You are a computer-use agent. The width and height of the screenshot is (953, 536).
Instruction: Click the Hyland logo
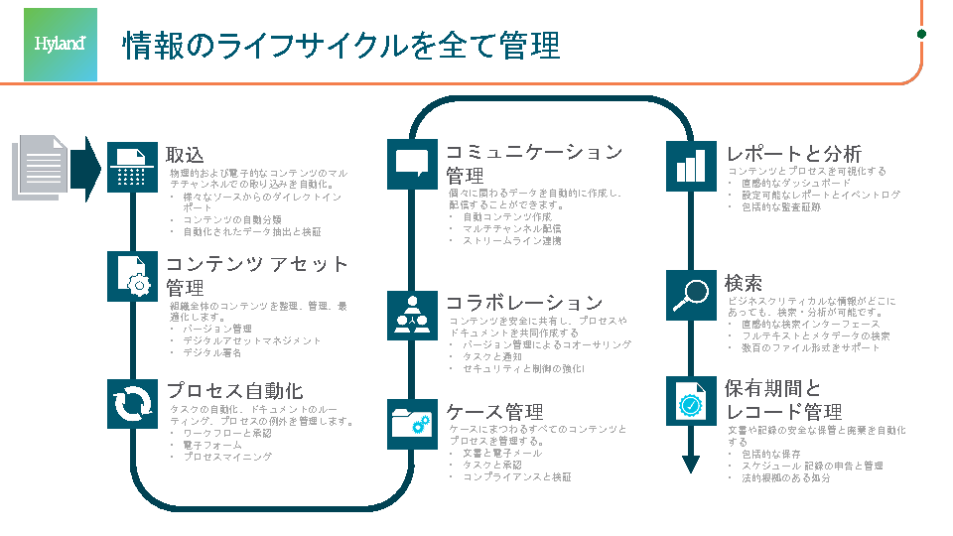pyautogui.click(x=61, y=45)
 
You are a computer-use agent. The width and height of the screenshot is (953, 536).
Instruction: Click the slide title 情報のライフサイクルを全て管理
pyautogui.click(x=341, y=46)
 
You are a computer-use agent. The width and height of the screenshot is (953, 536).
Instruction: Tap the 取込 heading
pyautogui.click(x=185, y=155)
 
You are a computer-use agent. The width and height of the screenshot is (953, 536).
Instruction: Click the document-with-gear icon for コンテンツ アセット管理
pyautogui.click(x=132, y=276)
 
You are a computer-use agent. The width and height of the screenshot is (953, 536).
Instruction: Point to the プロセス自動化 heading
pyautogui.click(x=234, y=391)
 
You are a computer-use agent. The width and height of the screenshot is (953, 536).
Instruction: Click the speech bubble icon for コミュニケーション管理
pyautogui.click(x=412, y=163)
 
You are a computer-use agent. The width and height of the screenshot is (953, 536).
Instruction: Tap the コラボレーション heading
pyautogui.click(x=524, y=303)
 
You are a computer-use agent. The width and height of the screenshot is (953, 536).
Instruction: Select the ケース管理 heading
pyautogui.click(x=494, y=412)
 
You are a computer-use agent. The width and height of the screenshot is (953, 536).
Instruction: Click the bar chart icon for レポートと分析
pyautogui.click(x=691, y=164)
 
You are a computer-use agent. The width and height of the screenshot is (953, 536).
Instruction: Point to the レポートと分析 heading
pyautogui.click(x=793, y=154)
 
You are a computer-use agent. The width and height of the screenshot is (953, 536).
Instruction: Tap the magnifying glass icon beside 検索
pyautogui.click(x=691, y=294)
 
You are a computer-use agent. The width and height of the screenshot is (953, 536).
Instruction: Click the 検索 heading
pyautogui.click(x=744, y=283)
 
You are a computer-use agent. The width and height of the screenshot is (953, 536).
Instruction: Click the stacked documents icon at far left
pyautogui.click(x=42, y=165)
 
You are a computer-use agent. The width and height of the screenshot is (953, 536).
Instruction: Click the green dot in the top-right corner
pyautogui.click(x=921, y=34)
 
